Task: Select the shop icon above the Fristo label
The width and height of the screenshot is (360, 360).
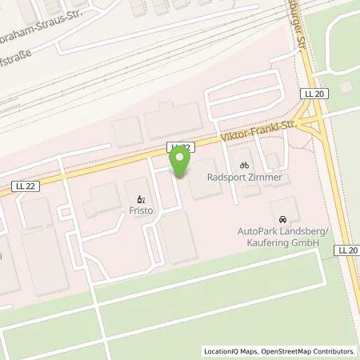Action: (x=139, y=200)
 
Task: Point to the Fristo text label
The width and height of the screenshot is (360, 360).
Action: (x=140, y=213)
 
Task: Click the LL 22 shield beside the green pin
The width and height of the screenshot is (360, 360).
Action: (x=182, y=147)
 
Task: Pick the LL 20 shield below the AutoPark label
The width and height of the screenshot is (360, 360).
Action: (x=347, y=250)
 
